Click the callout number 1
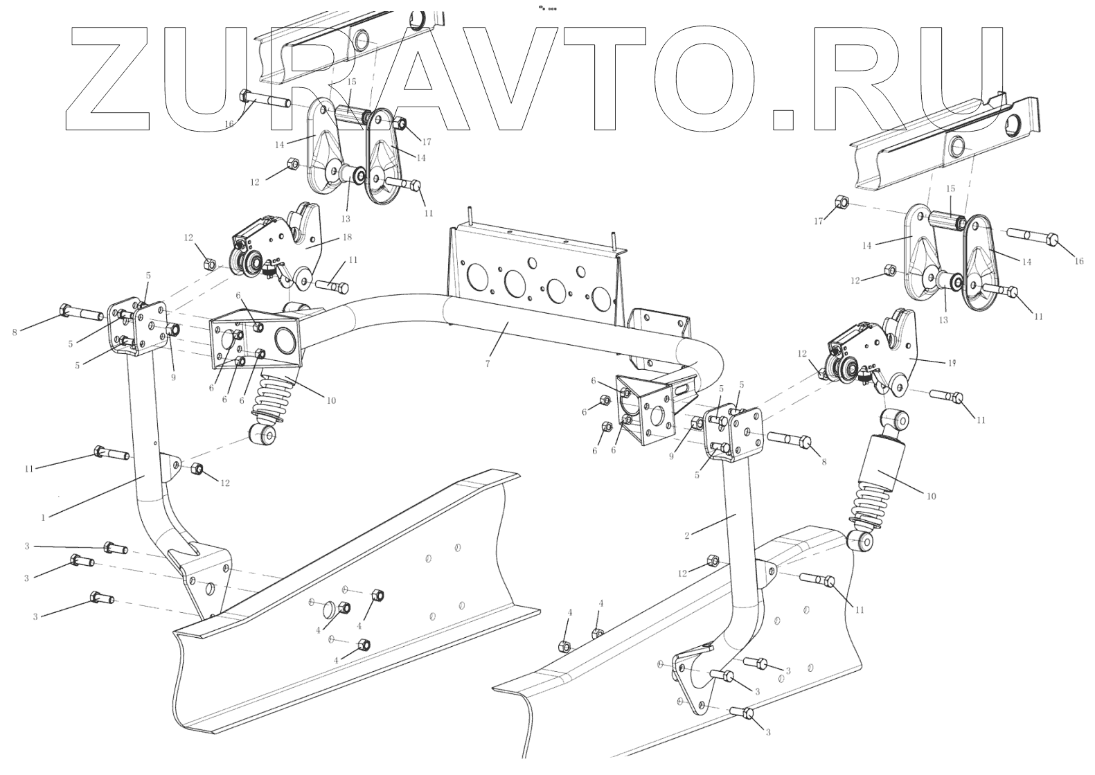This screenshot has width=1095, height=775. (43, 517)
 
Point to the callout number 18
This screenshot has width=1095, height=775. (347, 237)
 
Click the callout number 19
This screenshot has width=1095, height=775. (952, 362)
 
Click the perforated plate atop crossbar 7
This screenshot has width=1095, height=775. (533, 277)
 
